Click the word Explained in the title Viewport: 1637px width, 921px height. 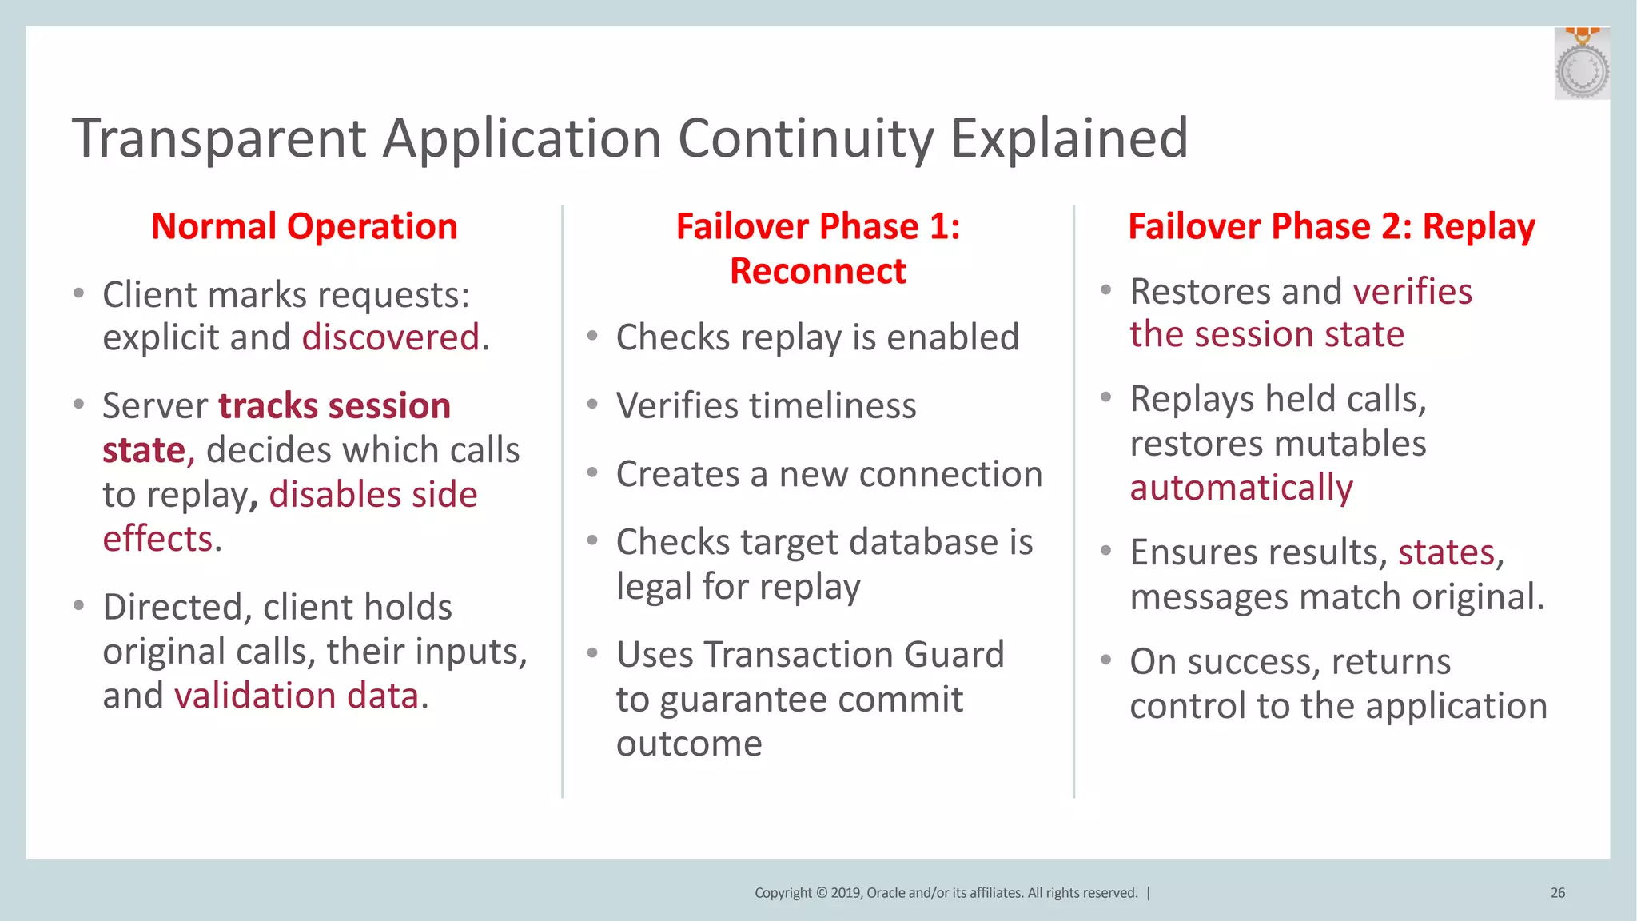coord(1069,139)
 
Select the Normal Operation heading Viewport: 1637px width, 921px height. coord(304,227)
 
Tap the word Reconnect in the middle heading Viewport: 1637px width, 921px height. coord(818,272)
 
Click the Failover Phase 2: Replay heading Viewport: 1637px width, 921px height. coord(1331,227)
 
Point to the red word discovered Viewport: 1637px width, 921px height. coord(391,337)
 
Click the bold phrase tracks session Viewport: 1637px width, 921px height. coord(334,406)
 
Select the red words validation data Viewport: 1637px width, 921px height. coord(297,696)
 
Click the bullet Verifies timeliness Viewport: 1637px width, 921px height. coord(766,406)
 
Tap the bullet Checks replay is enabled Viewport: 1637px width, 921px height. coord(817,337)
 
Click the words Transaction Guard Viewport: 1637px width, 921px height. coord(853,655)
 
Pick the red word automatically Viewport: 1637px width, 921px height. coord(1241,488)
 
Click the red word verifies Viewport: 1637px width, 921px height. coord(1412,292)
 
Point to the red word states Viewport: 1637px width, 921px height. coord(1446,552)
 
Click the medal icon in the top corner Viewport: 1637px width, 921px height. coord(1581,66)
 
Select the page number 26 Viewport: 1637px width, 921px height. coord(1557,893)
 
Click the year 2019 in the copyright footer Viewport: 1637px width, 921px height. coord(846,893)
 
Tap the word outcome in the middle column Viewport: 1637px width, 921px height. coord(689,744)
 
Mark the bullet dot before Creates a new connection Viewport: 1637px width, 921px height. coord(592,473)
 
